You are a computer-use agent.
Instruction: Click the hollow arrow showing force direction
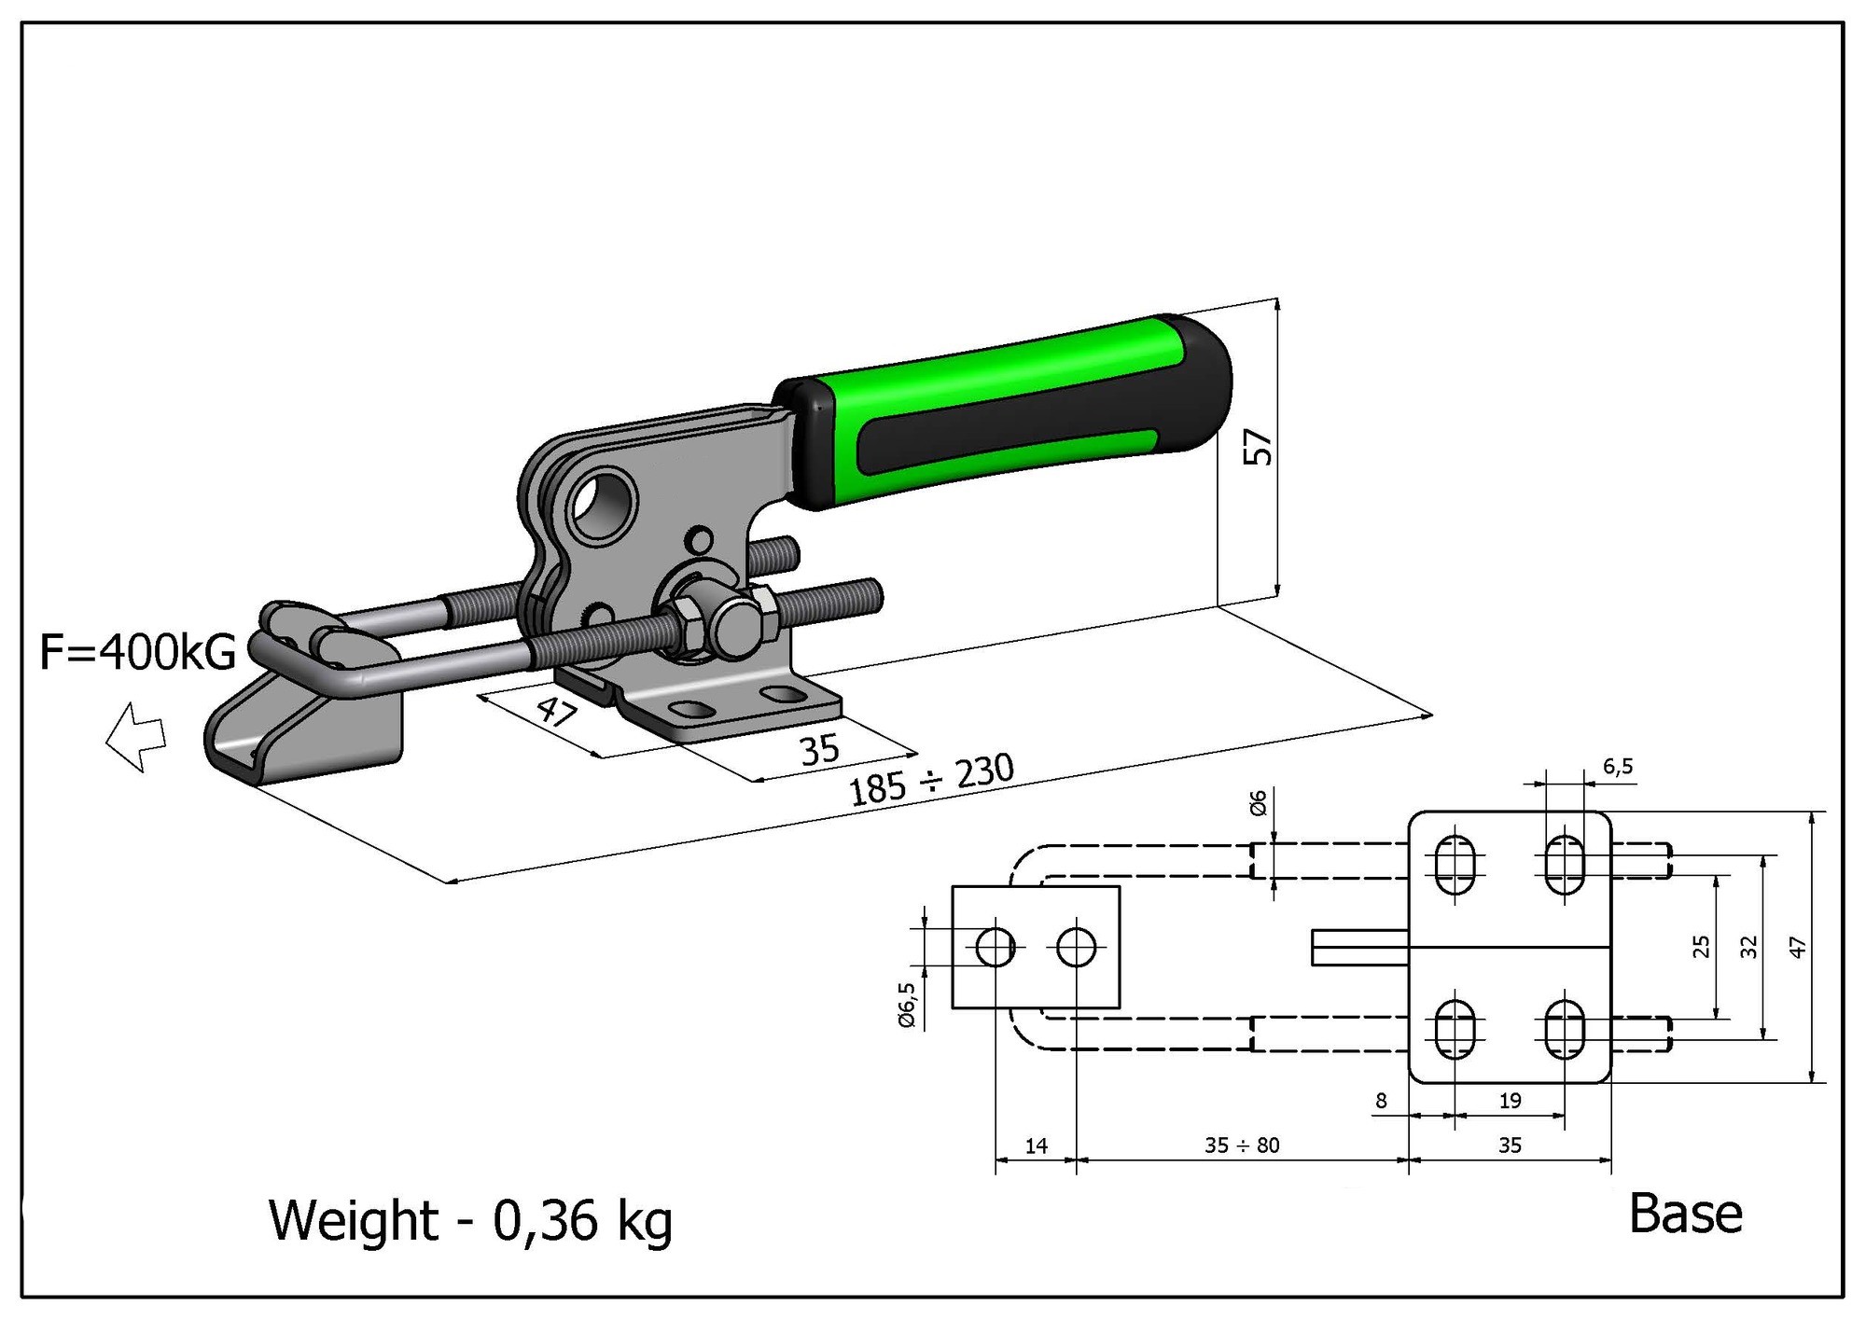pos(136,736)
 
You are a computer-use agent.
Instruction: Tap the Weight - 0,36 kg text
pos(470,1221)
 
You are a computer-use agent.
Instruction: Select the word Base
pos(1685,1214)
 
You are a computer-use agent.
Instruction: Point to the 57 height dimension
pos(1258,447)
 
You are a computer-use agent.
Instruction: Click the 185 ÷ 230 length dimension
pos(930,780)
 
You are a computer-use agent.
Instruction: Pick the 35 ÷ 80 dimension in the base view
pos(1242,1145)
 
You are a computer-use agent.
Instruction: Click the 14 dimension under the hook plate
pos(1037,1145)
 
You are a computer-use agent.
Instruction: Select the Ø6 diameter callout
pos(1258,802)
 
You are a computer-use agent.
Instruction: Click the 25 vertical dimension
pos(1701,946)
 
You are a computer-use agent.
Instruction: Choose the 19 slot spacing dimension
pos(1510,1100)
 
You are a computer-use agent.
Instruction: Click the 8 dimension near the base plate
pos(1382,1100)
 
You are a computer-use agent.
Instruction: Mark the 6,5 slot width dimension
pos(1618,767)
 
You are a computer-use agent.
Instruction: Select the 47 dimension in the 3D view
pos(556,713)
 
